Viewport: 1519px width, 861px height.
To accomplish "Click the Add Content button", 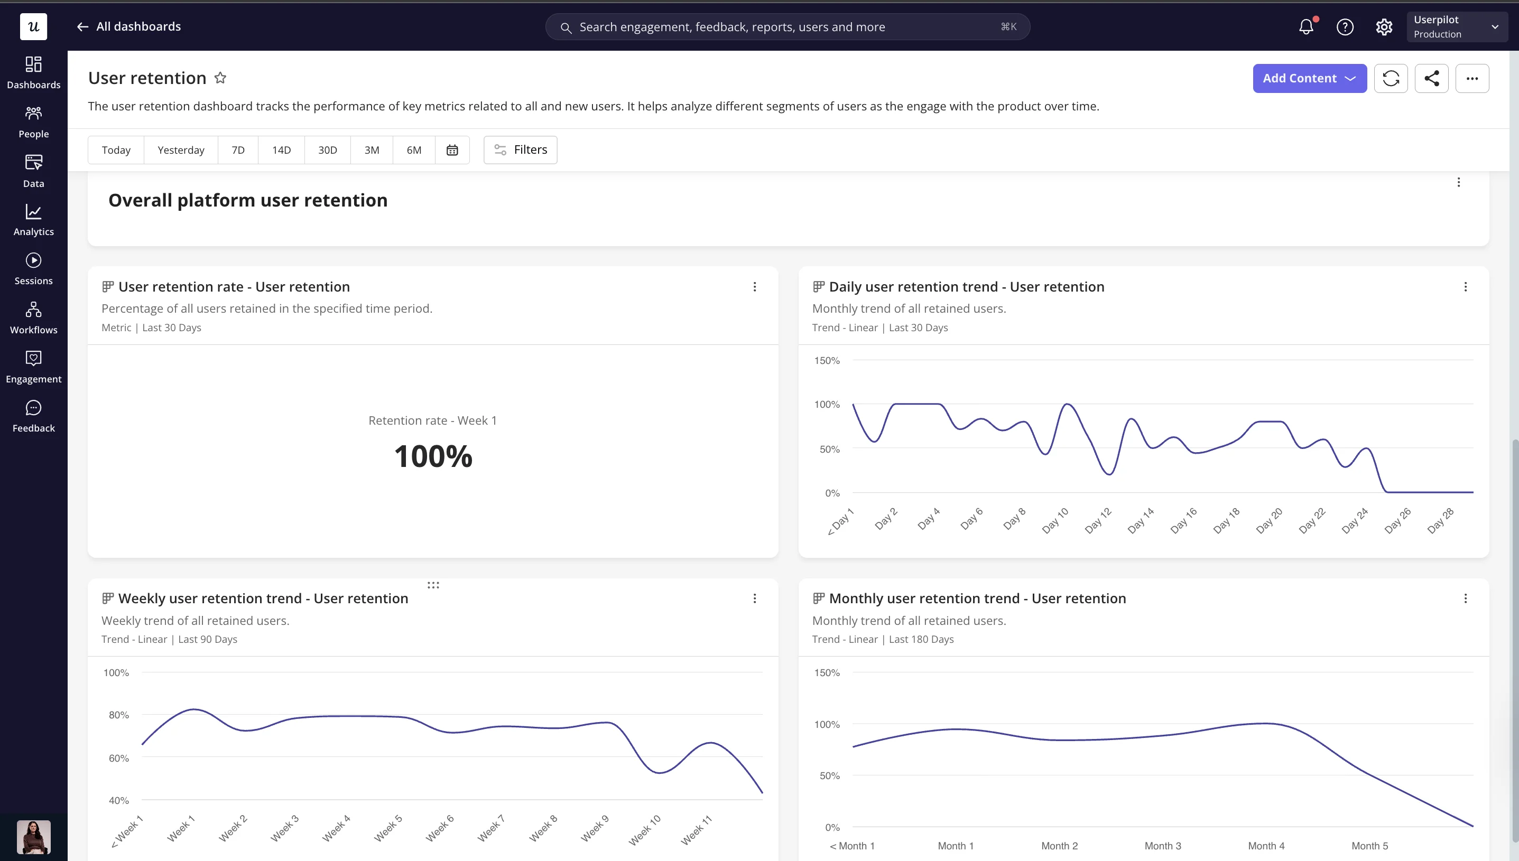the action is click(x=1310, y=78).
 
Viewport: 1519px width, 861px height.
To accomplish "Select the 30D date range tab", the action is click(x=328, y=150).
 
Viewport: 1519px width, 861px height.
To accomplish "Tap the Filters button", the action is click(x=521, y=150).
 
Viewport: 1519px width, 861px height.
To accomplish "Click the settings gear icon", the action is click(x=1384, y=27).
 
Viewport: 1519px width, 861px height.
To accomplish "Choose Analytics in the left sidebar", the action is click(x=34, y=220).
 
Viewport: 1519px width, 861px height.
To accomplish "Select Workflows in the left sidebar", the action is click(x=34, y=318).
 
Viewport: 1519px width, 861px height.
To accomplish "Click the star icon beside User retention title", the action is click(x=220, y=78).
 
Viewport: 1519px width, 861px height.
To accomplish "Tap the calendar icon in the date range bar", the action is click(x=452, y=150).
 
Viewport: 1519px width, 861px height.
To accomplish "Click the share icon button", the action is click(x=1431, y=78).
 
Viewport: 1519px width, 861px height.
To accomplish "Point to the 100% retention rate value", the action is click(x=433, y=456).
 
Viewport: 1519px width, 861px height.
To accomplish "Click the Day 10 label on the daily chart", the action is click(x=1055, y=521).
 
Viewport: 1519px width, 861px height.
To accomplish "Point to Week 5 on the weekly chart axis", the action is click(x=388, y=828).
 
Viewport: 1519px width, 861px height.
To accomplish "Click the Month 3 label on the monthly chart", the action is click(x=1163, y=846).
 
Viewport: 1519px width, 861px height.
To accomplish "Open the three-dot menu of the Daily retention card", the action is click(x=1466, y=287).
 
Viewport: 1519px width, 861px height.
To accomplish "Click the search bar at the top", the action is click(x=788, y=27).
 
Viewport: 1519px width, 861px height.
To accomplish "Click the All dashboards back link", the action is click(x=129, y=26).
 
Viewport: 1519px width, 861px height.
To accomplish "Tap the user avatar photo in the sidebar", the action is click(x=34, y=837).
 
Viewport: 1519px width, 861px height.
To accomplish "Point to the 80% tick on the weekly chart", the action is click(x=118, y=715).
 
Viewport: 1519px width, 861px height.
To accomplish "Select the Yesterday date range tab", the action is click(x=181, y=150).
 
